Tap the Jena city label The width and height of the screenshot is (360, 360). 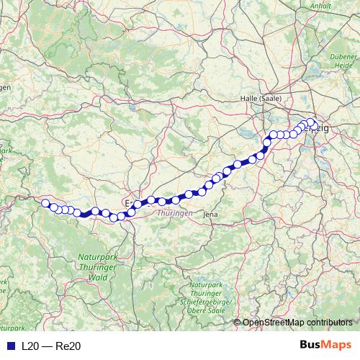point(210,214)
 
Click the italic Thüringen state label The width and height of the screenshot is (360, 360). point(174,215)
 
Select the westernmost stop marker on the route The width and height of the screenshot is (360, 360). point(45,203)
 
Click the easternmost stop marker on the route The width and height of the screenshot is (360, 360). point(312,122)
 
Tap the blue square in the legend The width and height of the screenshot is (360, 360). point(9,346)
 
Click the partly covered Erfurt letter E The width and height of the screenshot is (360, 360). point(128,204)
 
